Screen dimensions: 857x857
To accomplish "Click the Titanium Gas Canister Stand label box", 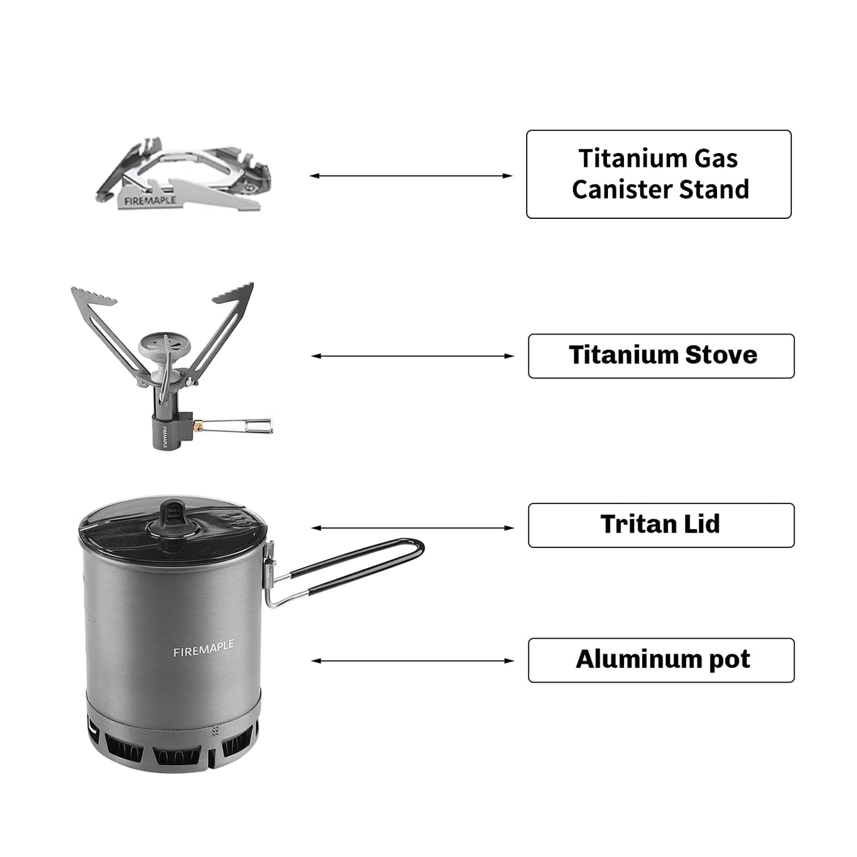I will (x=658, y=174).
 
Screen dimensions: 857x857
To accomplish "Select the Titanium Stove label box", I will (x=661, y=356).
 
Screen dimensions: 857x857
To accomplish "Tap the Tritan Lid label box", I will (x=661, y=525).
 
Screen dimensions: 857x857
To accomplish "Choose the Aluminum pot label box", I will (x=661, y=660).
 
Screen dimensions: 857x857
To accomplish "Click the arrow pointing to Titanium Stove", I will (x=412, y=356).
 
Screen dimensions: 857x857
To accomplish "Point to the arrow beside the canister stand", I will (x=410, y=176).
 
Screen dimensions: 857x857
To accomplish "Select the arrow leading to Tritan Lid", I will (x=412, y=528).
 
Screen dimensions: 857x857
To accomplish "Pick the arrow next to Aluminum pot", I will (x=412, y=661).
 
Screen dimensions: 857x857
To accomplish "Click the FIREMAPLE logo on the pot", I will (x=203, y=648).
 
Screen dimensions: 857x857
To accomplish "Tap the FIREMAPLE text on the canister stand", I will (x=150, y=200).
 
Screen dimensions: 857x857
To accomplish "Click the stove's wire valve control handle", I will (x=243, y=425).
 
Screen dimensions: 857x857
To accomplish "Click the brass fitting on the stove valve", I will (x=200, y=425).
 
